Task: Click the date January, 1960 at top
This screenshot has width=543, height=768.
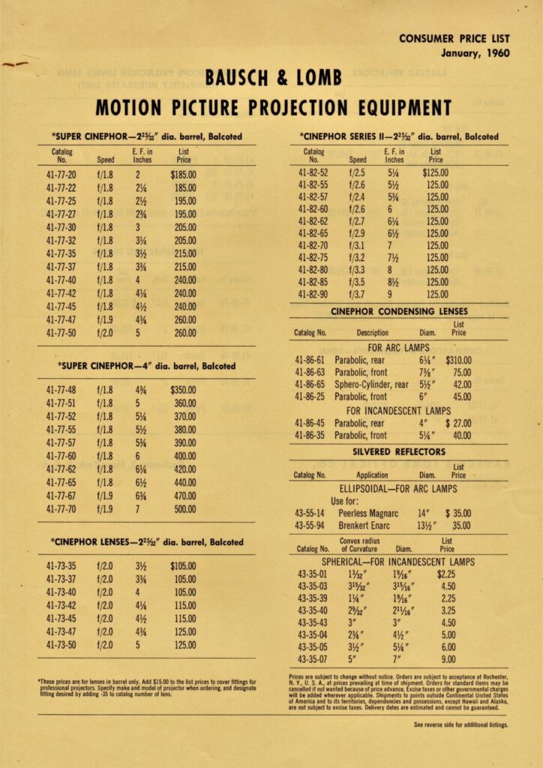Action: (x=475, y=53)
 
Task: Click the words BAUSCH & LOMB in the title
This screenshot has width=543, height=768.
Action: (x=273, y=78)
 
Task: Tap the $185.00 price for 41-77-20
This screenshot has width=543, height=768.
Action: (x=183, y=174)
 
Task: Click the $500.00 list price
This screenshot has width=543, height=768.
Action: (x=184, y=508)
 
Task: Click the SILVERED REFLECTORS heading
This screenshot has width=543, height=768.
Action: (x=398, y=451)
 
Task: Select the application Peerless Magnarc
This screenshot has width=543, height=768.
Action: (x=368, y=513)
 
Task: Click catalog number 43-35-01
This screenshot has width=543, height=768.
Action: (x=312, y=574)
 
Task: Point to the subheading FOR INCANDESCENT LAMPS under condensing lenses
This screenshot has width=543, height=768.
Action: (x=398, y=410)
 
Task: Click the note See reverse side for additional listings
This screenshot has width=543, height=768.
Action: (x=460, y=724)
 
